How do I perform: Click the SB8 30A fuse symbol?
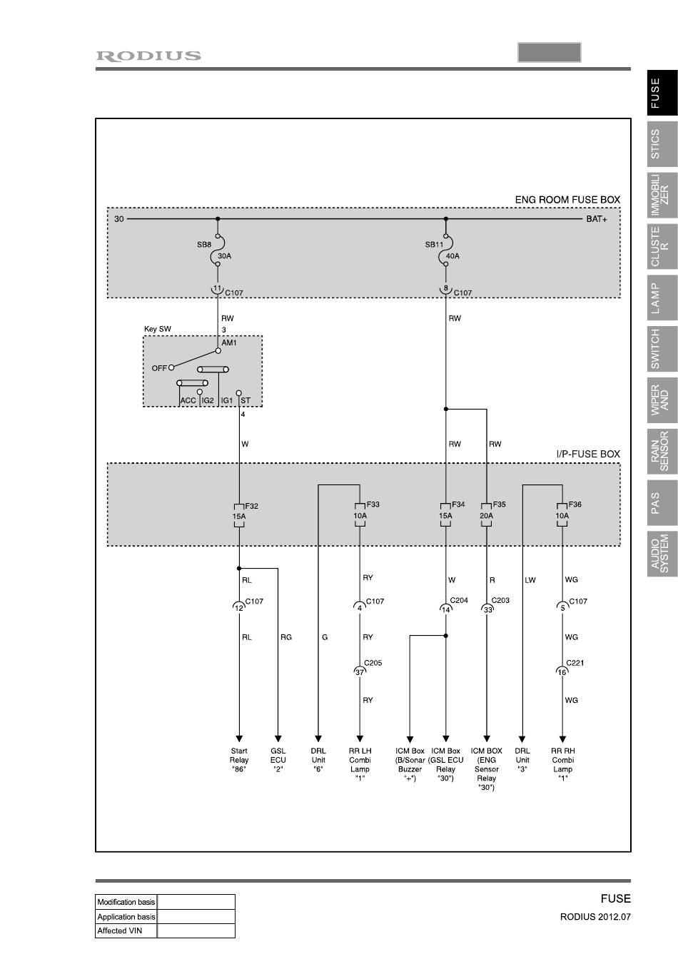pyautogui.click(x=218, y=250)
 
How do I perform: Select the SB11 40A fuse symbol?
pyautogui.click(x=446, y=250)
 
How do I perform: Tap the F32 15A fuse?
pyautogui.click(x=239, y=515)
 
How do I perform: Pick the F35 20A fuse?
pyautogui.click(x=487, y=515)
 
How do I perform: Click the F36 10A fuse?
pyautogui.click(x=562, y=515)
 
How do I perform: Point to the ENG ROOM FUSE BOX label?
pyautogui.click(x=567, y=200)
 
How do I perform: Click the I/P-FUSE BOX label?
pyautogui.click(x=588, y=454)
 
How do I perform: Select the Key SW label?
pyautogui.click(x=158, y=330)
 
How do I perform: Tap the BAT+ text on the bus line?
pyautogui.click(x=597, y=219)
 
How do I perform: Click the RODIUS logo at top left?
pyautogui.click(x=148, y=56)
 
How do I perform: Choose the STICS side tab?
pyautogui.click(x=662, y=144)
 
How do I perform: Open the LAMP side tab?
pyautogui.click(x=662, y=298)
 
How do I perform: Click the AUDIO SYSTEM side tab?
pyautogui.click(x=662, y=553)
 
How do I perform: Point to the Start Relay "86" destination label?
pyautogui.click(x=239, y=760)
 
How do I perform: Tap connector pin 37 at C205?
pyautogui.click(x=360, y=671)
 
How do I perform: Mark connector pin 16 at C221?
pyautogui.click(x=562, y=671)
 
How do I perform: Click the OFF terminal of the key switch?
pyautogui.click(x=171, y=368)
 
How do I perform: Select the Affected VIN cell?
pyautogui.click(x=126, y=930)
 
